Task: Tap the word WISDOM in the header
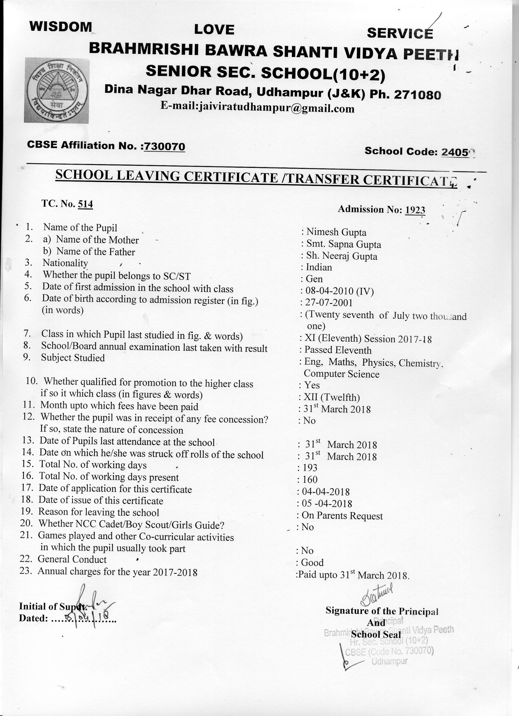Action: click(61, 27)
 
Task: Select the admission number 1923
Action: click(415, 210)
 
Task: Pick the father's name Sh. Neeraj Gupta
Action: click(342, 256)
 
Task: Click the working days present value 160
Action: click(309, 480)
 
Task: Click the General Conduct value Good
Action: click(312, 562)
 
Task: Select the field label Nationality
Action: click(65, 263)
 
